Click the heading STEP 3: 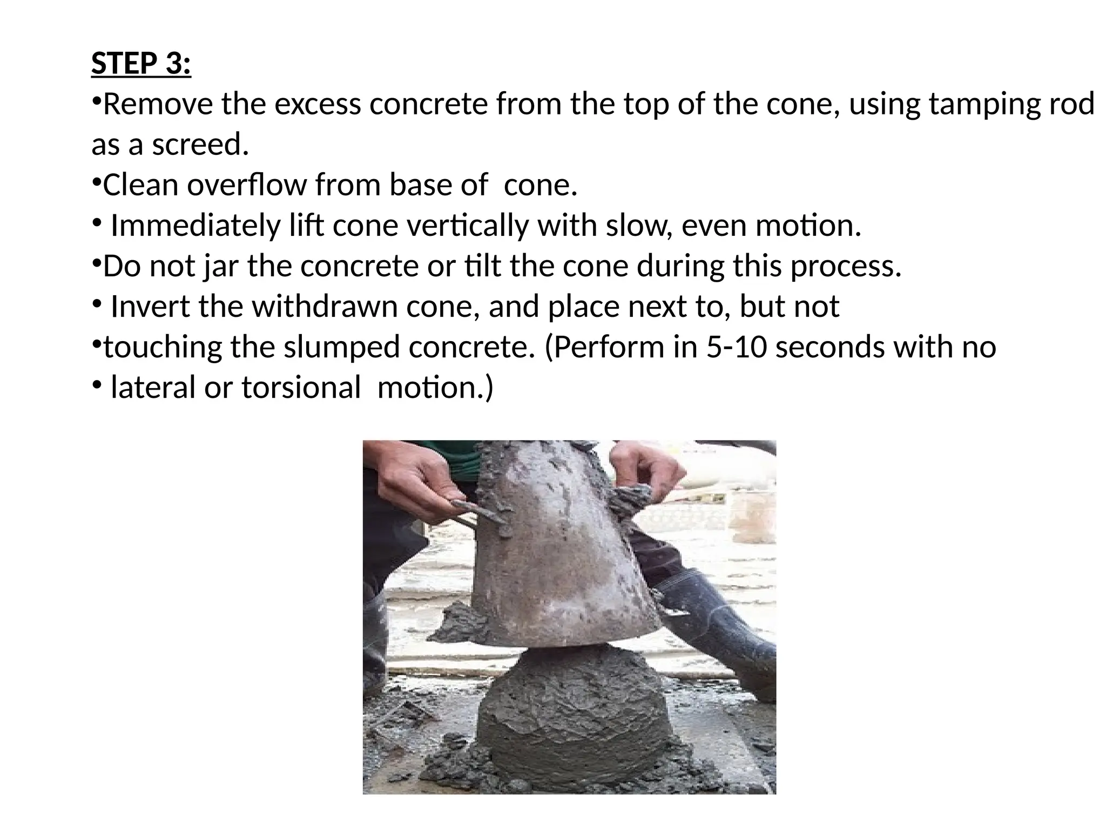coord(141,64)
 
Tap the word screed coord(200,145)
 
